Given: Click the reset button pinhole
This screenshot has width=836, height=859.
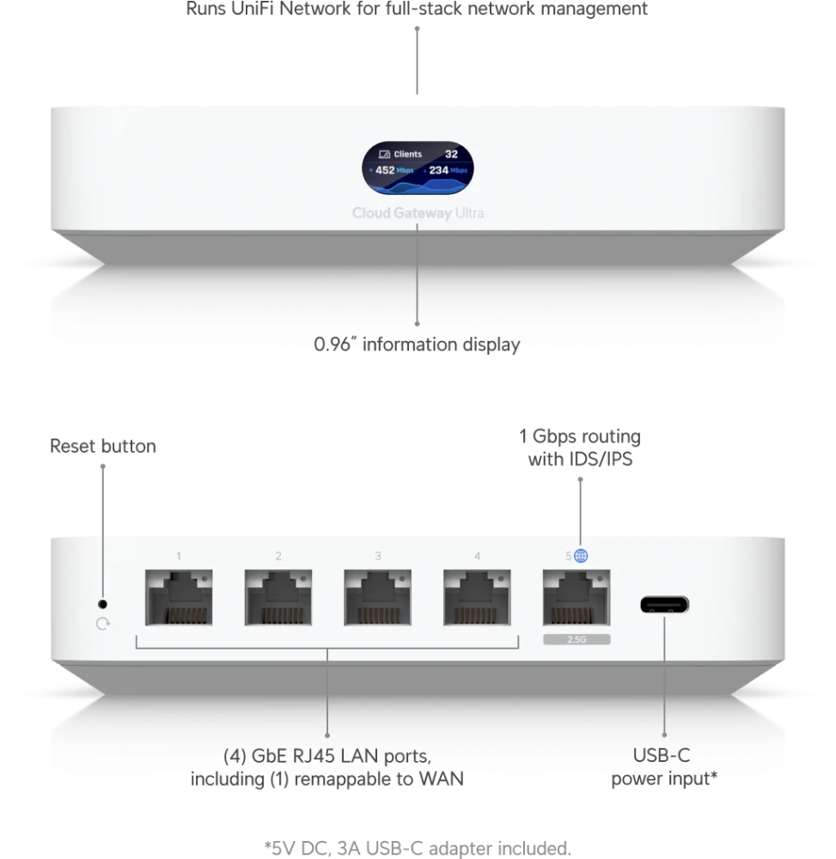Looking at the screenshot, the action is tap(102, 604).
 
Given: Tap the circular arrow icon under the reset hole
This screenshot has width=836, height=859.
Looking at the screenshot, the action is tap(102, 624).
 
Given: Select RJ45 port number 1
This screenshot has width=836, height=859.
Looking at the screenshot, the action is tap(179, 597).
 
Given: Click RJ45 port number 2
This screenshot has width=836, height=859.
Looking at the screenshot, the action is tap(278, 597).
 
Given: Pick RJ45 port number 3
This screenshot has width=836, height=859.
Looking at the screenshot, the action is tap(377, 597).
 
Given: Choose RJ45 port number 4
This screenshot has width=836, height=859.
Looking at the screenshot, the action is tap(477, 597).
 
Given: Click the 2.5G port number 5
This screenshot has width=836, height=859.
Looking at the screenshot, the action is tap(577, 597).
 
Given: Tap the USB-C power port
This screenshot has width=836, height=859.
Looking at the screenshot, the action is tap(664, 605).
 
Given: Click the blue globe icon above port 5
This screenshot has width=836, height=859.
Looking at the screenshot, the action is tap(581, 556).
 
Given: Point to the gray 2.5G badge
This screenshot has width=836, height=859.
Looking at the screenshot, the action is tap(577, 639).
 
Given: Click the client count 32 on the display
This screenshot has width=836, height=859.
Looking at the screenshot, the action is tap(451, 154).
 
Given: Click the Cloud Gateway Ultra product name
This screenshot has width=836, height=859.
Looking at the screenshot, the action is tap(418, 213).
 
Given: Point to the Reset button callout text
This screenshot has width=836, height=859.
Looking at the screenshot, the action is tap(103, 446).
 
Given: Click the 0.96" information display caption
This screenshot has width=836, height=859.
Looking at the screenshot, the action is tap(417, 344).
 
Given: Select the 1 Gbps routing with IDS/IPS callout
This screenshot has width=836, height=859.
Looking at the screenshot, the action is tap(580, 448).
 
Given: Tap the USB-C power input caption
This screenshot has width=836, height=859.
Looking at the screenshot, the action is tap(664, 767).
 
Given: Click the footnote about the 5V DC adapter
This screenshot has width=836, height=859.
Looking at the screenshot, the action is tap(418, 848).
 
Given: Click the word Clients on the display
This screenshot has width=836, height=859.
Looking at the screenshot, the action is tap(407, 155).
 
